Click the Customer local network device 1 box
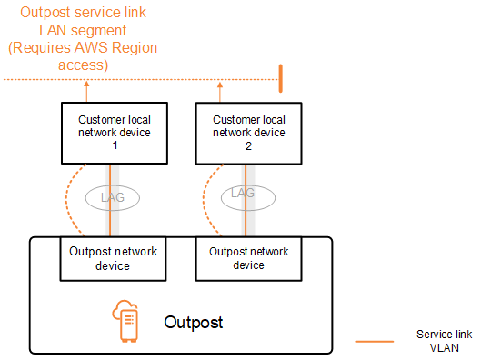pyautogui.click(x=114, y=132)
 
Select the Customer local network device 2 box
pyautogui.click(x=247, y=132)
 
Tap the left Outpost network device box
pyautogui.click(x=115, y=258)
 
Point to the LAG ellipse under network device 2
pyautogui.click(x=243, y=194)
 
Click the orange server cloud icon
pyautogui.click(x=126, y=323)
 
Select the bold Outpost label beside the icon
pyautogui.click(x=193, y=323)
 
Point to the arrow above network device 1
pyautogui.click(x=86, y=91)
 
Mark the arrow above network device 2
pyautogui.click(x=220, y=91)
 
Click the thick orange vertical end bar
pyautogui.click(x=281, y=78)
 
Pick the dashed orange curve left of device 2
pyautogui.click(x=205, y=200)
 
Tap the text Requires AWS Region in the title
pyautogui.click(x=81, y=48)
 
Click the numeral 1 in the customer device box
pyautogui.click(x=114, y=145)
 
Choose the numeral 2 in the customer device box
pyautogui.click(x=247, y=145)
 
